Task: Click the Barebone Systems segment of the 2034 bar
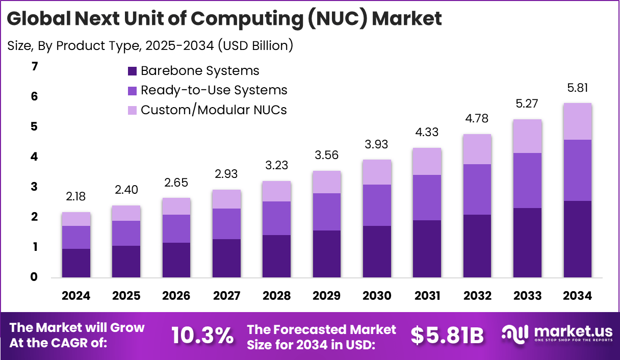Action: [x=577, y=239]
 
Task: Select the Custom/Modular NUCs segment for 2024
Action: [x=76, y=219]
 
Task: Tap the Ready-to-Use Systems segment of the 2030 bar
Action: [x=377, y=205]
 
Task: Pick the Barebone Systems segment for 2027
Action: [x=226, y=258]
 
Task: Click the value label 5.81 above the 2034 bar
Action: [x=577, y=88]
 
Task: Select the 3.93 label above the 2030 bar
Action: [x=377, y=145]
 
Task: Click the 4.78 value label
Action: [x=477, y=119]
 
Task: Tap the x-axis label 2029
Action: [x=327, y=296]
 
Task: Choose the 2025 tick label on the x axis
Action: [x=126, y=296]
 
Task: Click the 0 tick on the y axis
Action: [x=34, y=277]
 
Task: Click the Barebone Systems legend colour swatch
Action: [x=132, y=71]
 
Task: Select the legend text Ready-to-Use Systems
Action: [x=214, y=90]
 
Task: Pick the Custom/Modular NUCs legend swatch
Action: [x=132, y=110]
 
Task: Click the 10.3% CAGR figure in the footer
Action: [x=202, y=335]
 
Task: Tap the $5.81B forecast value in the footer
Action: [x=447, y=335]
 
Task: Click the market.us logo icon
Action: [x=515, y=334]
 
